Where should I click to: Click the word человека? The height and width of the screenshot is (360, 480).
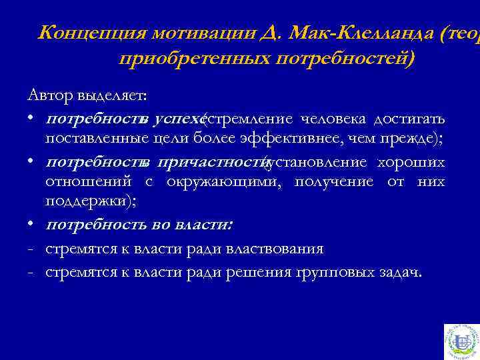333,119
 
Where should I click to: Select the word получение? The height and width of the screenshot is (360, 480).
334,182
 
